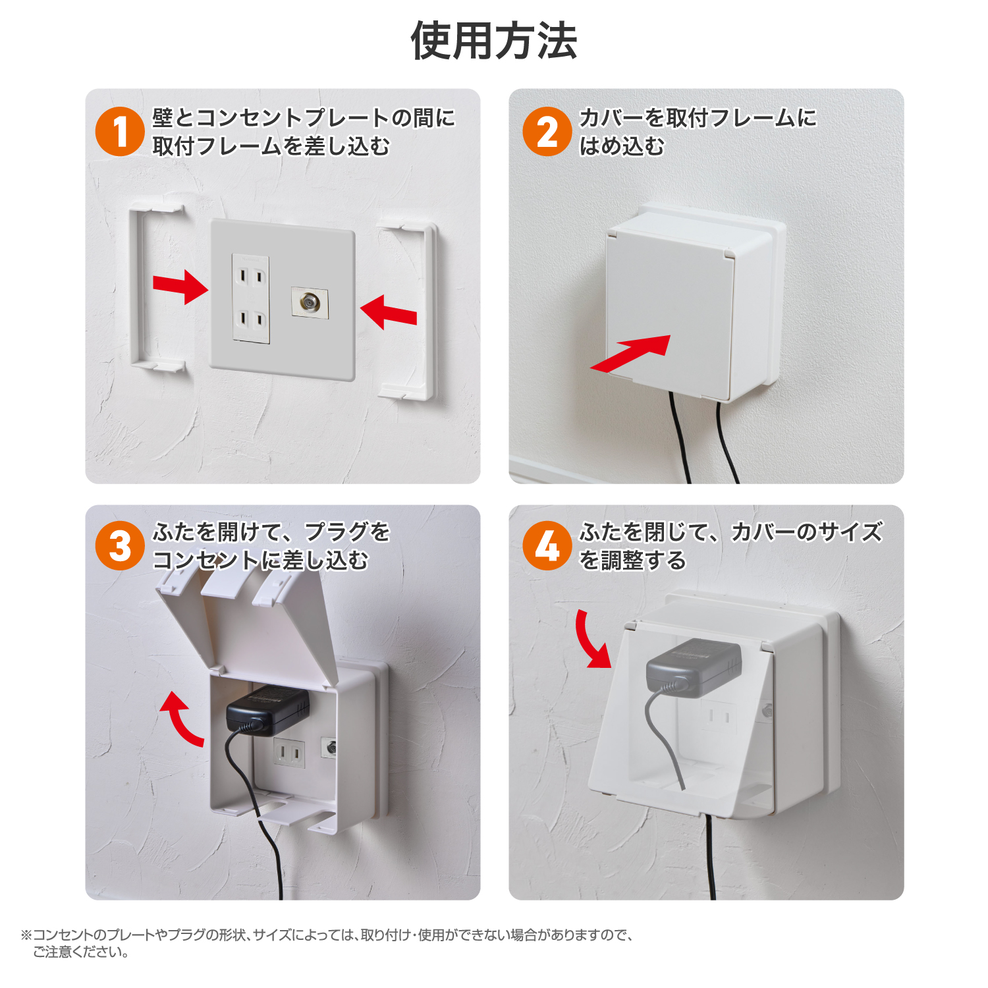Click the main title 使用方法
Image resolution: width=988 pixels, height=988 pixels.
pos(494,41)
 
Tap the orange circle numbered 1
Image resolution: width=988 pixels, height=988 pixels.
pos(120,131)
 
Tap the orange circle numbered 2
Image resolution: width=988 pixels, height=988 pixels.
pos(547,131)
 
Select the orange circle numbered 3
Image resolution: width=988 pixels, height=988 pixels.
pos(120,546)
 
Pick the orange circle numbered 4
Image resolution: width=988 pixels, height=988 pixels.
pos(547,546)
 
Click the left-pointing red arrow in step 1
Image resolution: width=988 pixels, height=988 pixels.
pos(389,312)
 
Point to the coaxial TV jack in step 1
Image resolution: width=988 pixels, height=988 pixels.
pos(310,303)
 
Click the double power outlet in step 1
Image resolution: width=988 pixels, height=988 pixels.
pos(251,299)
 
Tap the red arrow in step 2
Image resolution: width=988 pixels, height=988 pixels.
pos(631,354)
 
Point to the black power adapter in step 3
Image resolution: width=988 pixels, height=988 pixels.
pos(268,709)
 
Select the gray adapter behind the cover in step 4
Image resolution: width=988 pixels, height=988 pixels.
pos(694,667)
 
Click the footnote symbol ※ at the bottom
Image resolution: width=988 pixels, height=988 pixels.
pos(26,935)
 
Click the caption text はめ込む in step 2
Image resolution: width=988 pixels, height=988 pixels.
pos(622,146)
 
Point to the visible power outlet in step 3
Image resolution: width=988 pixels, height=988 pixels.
pos(290,752)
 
